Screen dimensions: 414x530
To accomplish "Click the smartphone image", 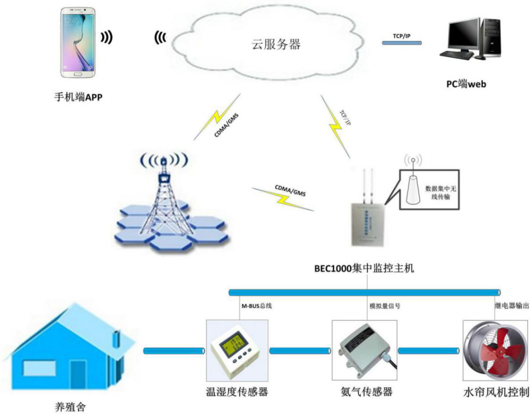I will [x=78, y=42].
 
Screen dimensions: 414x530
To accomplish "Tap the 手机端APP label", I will [x=78, y=96].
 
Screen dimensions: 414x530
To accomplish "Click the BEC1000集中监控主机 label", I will [x=365, y=269].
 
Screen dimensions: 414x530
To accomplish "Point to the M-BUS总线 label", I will [x=256, y=305].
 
